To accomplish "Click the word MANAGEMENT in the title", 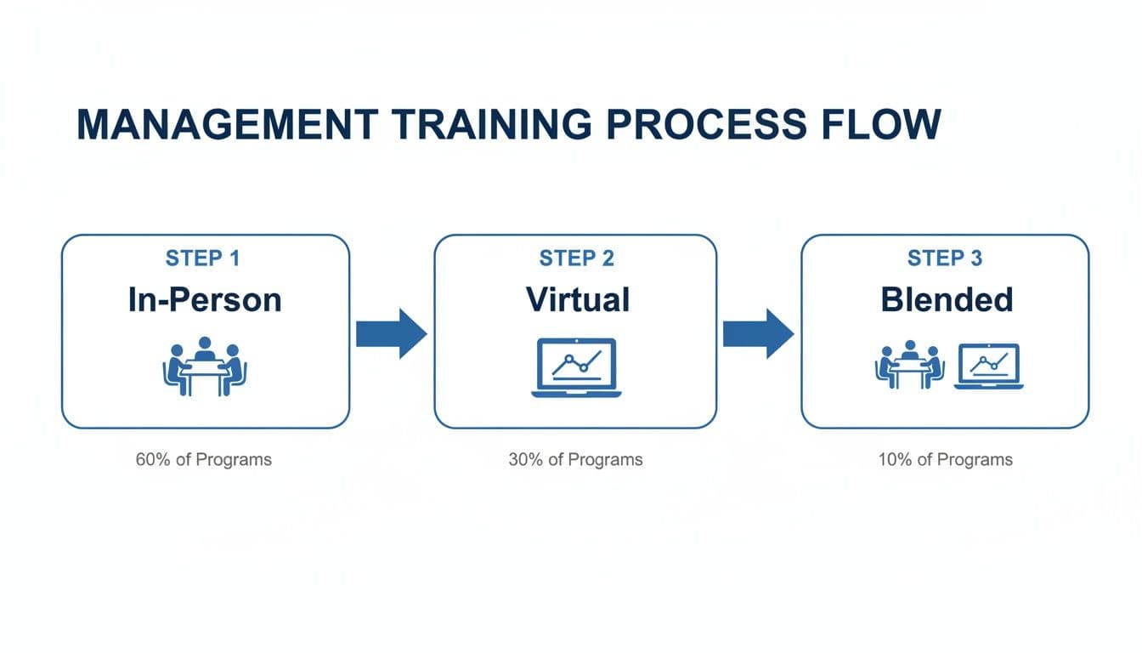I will (226, 125).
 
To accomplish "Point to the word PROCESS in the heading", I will (703, 125).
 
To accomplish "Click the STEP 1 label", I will (205, 258).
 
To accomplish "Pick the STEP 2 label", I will (576, 258).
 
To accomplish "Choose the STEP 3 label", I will (945, 258).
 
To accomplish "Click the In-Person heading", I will (205, 300).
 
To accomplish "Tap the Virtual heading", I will (577, 300).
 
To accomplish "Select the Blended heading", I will (947, 300).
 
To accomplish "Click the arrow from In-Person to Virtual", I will (391, 333).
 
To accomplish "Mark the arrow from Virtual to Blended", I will (758, 333).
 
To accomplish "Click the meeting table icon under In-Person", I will (204, 367).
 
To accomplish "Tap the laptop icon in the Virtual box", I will (577, 367).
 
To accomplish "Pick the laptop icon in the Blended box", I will (988, 366).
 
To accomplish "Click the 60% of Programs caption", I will (204, 460).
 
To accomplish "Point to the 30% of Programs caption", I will (575, 460).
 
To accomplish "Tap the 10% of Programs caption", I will (945, 460).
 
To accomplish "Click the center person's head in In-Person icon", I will (204, 343).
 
